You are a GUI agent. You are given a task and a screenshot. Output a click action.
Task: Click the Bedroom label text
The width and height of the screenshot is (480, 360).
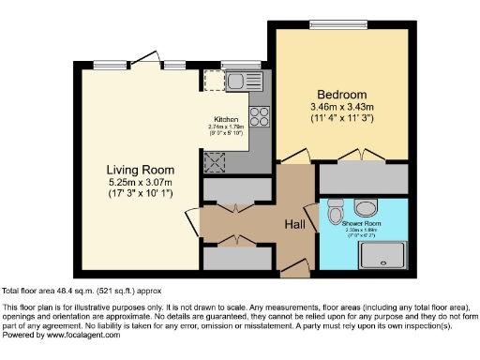coord(340,95)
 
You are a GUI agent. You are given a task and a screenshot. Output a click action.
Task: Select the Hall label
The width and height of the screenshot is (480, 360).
coord(298,224)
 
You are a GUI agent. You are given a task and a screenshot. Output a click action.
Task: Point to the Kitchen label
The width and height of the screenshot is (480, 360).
coord(226,120)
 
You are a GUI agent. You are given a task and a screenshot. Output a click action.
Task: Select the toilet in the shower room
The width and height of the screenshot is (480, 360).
coord(336,215)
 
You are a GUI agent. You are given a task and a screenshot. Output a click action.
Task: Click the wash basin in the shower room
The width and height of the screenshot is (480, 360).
coord(367,206)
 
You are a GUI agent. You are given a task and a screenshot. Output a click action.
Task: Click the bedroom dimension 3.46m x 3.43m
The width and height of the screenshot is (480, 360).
coord(340,108)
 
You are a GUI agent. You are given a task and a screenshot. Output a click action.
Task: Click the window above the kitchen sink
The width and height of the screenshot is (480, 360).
coord(233,65)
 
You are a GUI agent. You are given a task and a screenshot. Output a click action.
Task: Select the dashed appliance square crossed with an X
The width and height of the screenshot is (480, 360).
coord(215,161)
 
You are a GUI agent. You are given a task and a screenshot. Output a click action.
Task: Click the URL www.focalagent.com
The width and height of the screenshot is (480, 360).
coord(76,335)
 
